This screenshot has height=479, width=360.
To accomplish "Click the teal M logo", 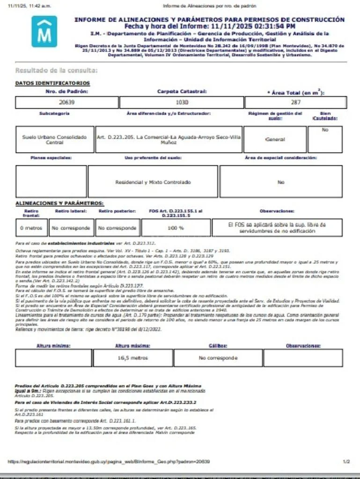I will tap(44, 31).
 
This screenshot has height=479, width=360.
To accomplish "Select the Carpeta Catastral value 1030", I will tap(182, 102).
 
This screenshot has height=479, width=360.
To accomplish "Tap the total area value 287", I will tap(295, 102).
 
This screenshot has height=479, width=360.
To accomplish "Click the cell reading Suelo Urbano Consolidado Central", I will tap(55, 139).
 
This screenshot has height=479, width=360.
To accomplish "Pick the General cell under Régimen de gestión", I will tap(275, 139).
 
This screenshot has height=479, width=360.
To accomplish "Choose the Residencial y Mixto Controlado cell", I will tap(153, 181).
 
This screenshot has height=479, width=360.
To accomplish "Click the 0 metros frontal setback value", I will tap(31, 228).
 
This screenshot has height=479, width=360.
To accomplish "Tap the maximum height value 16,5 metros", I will tap(132, 358).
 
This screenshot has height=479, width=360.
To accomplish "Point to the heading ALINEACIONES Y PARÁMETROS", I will tap(59, 203).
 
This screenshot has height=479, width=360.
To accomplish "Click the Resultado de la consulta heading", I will tap(57, 71).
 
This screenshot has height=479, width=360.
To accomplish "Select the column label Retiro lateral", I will tap(71, 211).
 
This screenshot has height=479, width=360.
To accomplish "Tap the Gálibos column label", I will tap(218, 346).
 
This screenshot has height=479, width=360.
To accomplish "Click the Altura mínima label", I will tap(53, 346).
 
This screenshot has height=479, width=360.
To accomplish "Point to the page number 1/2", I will tap(346, 462).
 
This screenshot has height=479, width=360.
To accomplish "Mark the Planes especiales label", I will tap(51, 158).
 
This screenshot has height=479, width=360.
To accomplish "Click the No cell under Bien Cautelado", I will tap(325, 130).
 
